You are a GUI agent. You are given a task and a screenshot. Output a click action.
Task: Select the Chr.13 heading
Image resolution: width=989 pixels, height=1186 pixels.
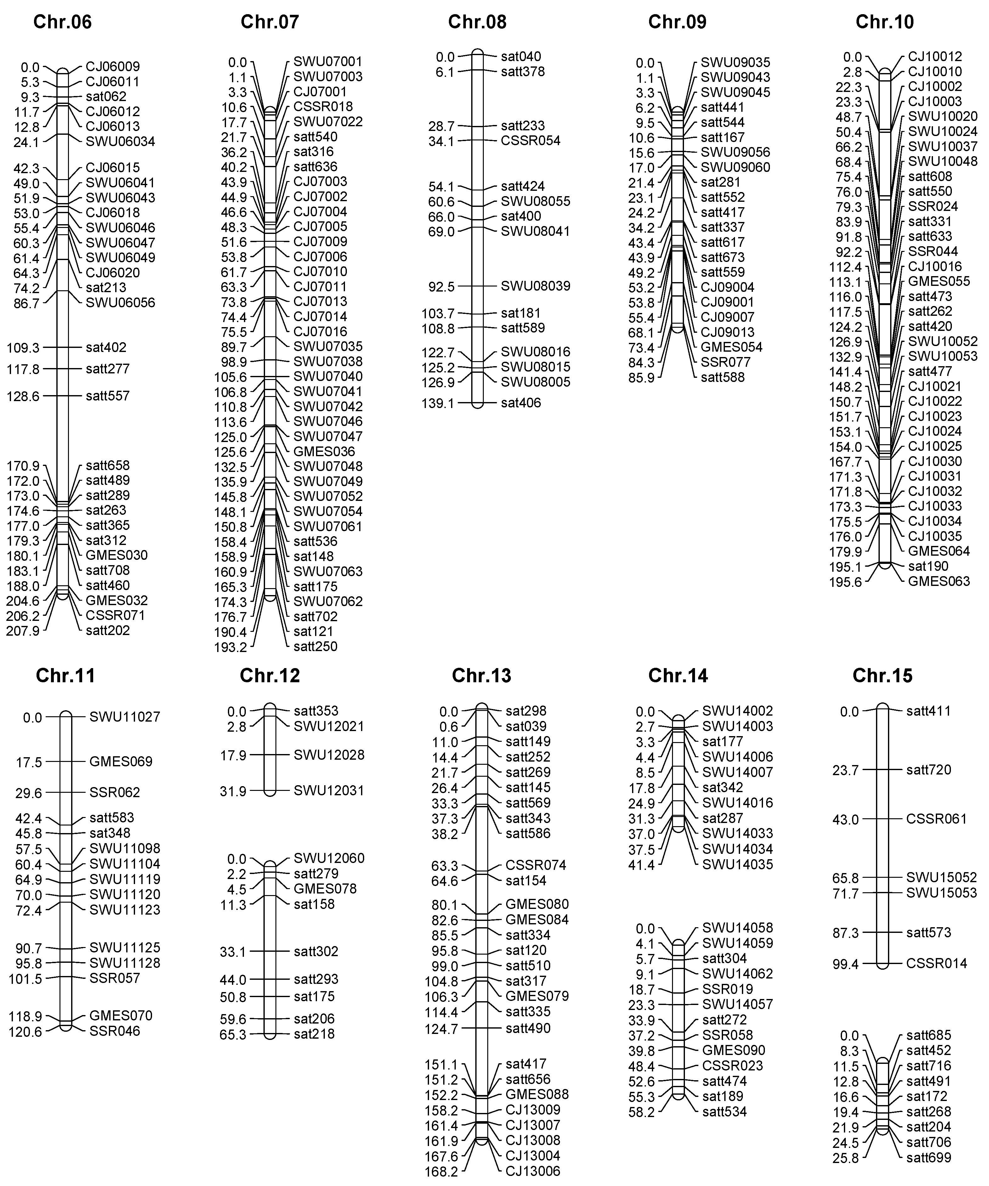pyautogui.click(x=482, y=675)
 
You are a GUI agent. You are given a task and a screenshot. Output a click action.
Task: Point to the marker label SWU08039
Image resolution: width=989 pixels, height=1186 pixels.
pyautogui.click(x=535, y=286)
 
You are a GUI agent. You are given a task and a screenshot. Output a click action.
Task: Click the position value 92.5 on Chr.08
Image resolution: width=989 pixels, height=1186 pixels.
pyautogui.click(x=441, y=287)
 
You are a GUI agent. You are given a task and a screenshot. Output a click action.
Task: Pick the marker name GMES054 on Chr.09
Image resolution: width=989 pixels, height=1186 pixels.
pyautogui.click(x=732, y=347)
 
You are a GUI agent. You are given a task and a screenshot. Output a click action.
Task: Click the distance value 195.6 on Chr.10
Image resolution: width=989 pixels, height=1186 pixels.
pyautogui.click(x=845, y=582)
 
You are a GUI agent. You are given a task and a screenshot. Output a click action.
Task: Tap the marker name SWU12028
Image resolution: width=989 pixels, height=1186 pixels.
pyautogui.click(x=329, y=755)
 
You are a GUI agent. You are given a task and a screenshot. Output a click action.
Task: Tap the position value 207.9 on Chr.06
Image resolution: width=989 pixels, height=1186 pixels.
pyautogui.click(x=23, y=631)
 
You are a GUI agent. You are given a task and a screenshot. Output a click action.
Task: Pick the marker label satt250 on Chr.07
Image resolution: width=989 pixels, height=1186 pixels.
pyautogui.click(x=315, y=647)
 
